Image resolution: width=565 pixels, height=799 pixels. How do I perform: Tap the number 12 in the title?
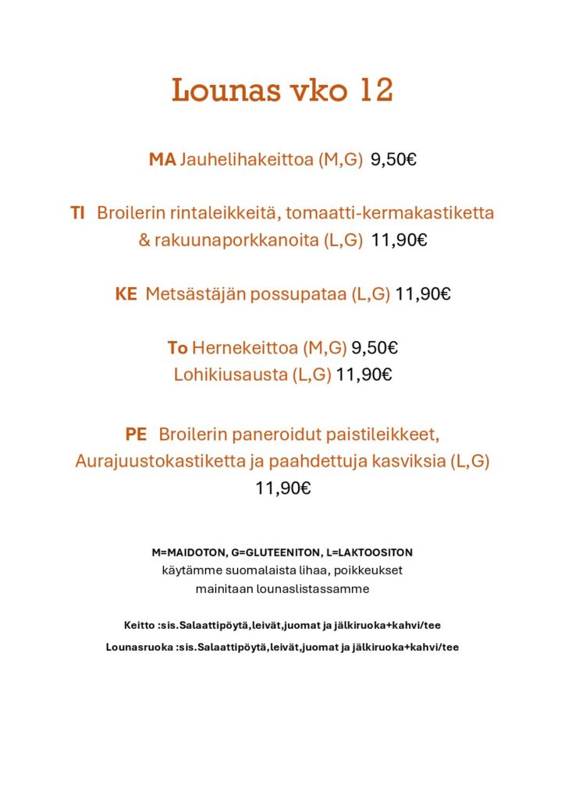point(372,91)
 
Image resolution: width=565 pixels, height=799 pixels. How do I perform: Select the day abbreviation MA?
point(162,160)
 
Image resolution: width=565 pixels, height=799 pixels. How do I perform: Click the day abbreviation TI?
point(77,213)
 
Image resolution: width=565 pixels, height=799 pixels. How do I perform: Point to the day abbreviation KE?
point(126,294)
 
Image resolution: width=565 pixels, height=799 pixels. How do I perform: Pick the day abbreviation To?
point(177,347)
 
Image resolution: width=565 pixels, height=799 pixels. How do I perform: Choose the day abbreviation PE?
point(136,434)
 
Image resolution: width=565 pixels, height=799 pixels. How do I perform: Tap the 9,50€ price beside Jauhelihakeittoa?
point(393,160)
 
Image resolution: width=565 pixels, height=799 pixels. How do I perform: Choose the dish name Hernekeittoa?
point(240,347)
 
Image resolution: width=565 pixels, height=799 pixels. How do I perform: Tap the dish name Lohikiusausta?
point(230,375)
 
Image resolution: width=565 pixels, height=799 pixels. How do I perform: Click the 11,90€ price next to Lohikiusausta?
point(364,375)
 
